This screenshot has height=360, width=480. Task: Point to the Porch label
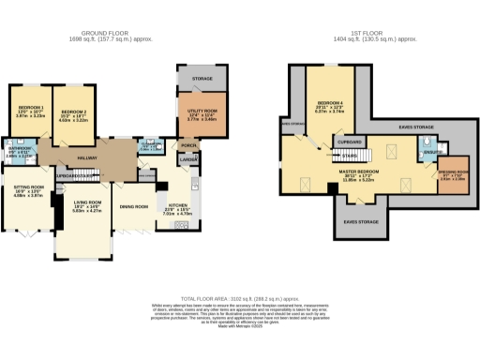click(x=188, y=146)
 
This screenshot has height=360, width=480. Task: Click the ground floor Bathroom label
click(x=20, y=148)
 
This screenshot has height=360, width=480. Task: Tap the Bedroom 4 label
click(x=330, y=101)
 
